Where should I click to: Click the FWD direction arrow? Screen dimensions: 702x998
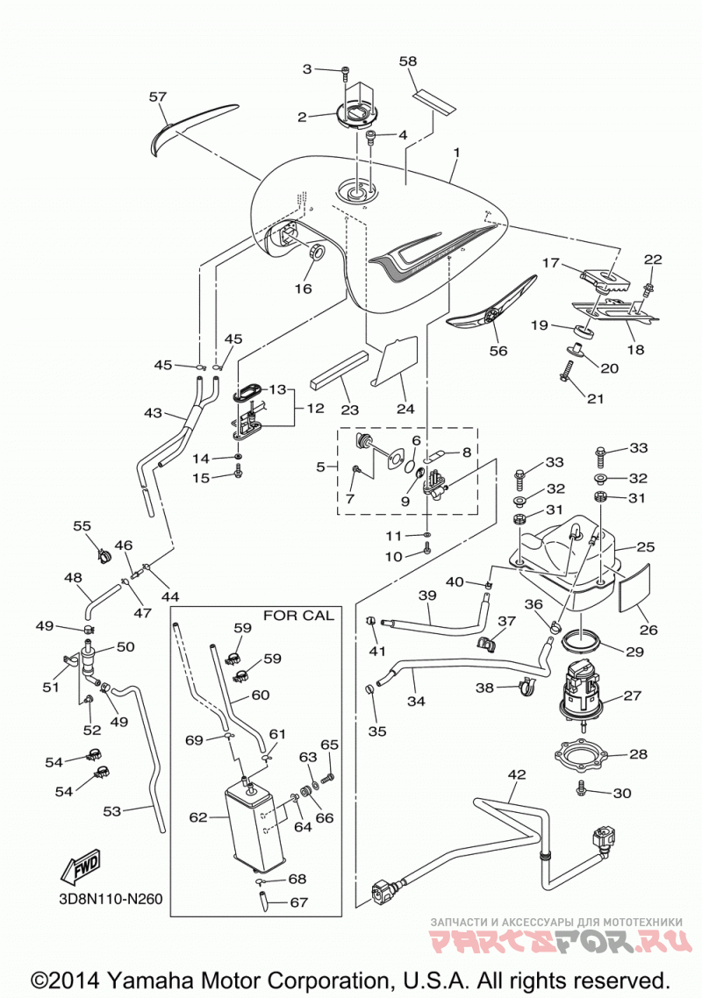point(82,866)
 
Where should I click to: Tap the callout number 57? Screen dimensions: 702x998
point(157,96)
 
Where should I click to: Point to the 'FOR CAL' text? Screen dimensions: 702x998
point(298,616)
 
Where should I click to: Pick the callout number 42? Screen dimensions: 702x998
point(517,774)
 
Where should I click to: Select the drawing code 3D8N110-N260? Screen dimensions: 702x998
point(108,900)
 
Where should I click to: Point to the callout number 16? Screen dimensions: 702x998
point(304,289)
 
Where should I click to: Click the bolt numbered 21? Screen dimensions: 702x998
point(566,371)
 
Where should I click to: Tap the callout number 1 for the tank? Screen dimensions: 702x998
point(456,153)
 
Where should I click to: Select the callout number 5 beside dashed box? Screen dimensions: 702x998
point(320,467)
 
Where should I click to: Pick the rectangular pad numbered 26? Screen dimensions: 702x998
point(637,587)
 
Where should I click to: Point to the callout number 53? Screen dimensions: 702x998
point(112,811)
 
